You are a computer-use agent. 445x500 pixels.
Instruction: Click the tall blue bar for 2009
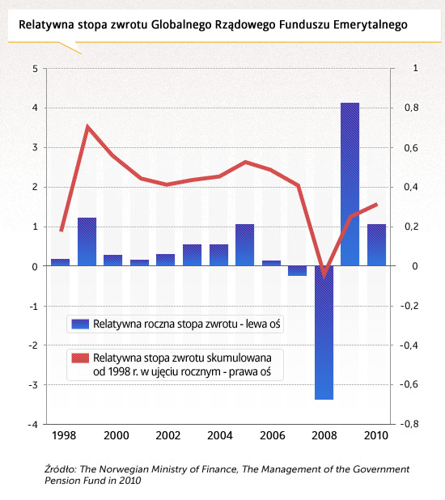(350, 184)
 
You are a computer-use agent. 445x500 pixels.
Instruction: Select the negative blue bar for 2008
(324, 333)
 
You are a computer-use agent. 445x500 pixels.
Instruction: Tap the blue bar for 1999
(87, 241)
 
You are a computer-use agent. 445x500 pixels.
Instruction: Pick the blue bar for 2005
(244, 245)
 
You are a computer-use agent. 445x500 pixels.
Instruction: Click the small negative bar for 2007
(297, 271)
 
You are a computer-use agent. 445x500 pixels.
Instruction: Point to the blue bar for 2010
(376, 245)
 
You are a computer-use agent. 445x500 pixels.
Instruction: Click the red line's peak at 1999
(87, 126)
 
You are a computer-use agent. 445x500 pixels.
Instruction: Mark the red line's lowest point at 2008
(324, 276)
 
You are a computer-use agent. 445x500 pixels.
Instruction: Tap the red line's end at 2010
(376, 205)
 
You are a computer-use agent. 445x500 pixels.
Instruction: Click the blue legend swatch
(80, 324)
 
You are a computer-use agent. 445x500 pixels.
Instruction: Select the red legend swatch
(80, 358)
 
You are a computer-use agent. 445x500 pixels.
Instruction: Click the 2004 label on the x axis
(220, 435)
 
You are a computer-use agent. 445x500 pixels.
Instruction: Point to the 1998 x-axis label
(64, 435)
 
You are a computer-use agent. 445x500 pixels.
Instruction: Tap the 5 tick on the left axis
(35, 69)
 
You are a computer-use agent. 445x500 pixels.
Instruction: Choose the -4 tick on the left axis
(33, 425)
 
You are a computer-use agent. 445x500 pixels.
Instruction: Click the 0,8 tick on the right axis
(412, 108)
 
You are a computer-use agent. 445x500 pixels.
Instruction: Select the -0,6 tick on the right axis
(409, 384)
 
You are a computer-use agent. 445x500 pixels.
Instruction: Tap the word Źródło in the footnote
(61, 469)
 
